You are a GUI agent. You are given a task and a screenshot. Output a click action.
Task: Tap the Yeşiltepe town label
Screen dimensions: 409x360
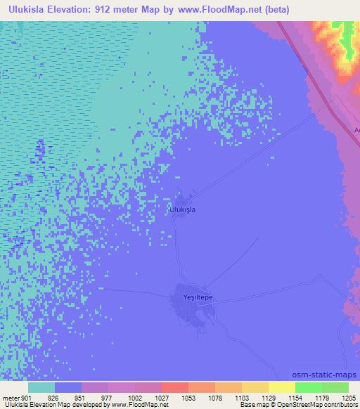[x=198, y=298]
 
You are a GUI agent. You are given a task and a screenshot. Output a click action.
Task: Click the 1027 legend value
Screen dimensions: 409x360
[x=162, y=397]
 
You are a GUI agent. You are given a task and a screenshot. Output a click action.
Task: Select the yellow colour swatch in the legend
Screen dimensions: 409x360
[x=281, y=387]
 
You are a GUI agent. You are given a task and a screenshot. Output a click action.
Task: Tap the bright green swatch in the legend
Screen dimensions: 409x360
[x=308, y=387]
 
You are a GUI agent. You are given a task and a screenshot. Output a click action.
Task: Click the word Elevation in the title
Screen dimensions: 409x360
[x=73, y=10]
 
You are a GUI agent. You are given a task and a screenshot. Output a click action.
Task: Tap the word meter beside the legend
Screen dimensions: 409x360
[x=11, y=397]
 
